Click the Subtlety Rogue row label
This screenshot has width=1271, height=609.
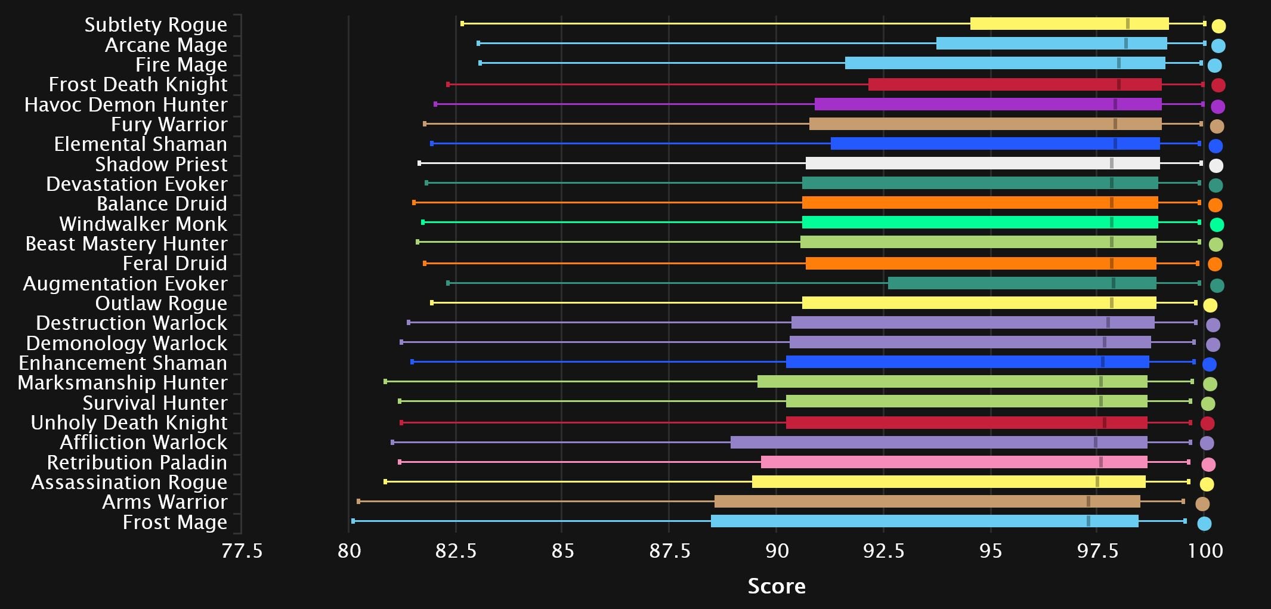coord(156,24)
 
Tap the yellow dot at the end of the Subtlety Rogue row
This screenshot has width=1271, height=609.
coord(1219,26)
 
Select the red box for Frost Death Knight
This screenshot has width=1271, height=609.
coord(1015,84)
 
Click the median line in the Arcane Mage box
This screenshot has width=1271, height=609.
coord(1125,43)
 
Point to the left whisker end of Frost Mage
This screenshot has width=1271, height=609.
coord(353,521)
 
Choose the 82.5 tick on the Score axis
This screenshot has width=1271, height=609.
coord(456,551)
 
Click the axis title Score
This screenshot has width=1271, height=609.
coord(776,586)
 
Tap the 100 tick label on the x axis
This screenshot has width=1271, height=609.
coord(1205,551)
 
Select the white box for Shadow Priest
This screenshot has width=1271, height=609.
coord(982,163)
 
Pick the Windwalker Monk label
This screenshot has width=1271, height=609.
coord(143,224)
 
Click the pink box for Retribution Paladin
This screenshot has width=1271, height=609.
coord(954,462)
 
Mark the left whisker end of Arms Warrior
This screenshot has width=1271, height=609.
coord(358,501)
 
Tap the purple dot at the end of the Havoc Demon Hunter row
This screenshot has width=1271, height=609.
coord(1218,106)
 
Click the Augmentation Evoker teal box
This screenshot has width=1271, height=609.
coord(1022,283)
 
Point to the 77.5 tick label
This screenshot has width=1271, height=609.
coord(242,551)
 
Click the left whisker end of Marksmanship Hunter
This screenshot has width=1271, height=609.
coord(385,381)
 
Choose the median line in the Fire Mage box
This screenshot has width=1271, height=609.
coord(1118,63)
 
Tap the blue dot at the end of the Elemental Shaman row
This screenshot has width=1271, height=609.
coord(1216,146)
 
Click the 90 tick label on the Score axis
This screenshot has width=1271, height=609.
coord(776,551)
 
